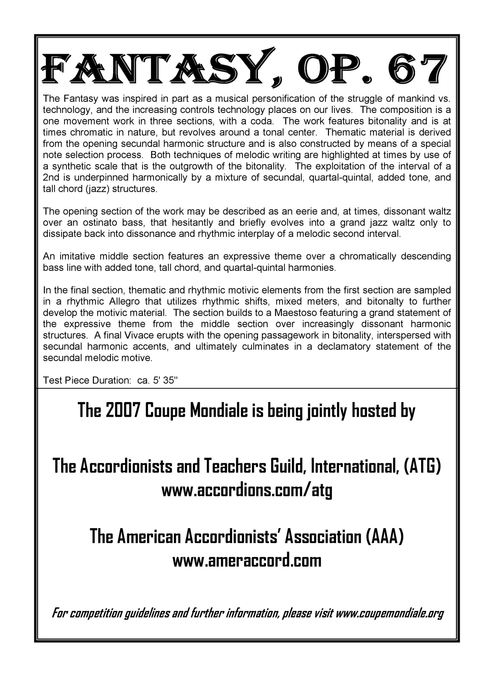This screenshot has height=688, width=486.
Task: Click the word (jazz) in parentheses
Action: [98, 189]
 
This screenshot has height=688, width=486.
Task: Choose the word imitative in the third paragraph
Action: [78, 256]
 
